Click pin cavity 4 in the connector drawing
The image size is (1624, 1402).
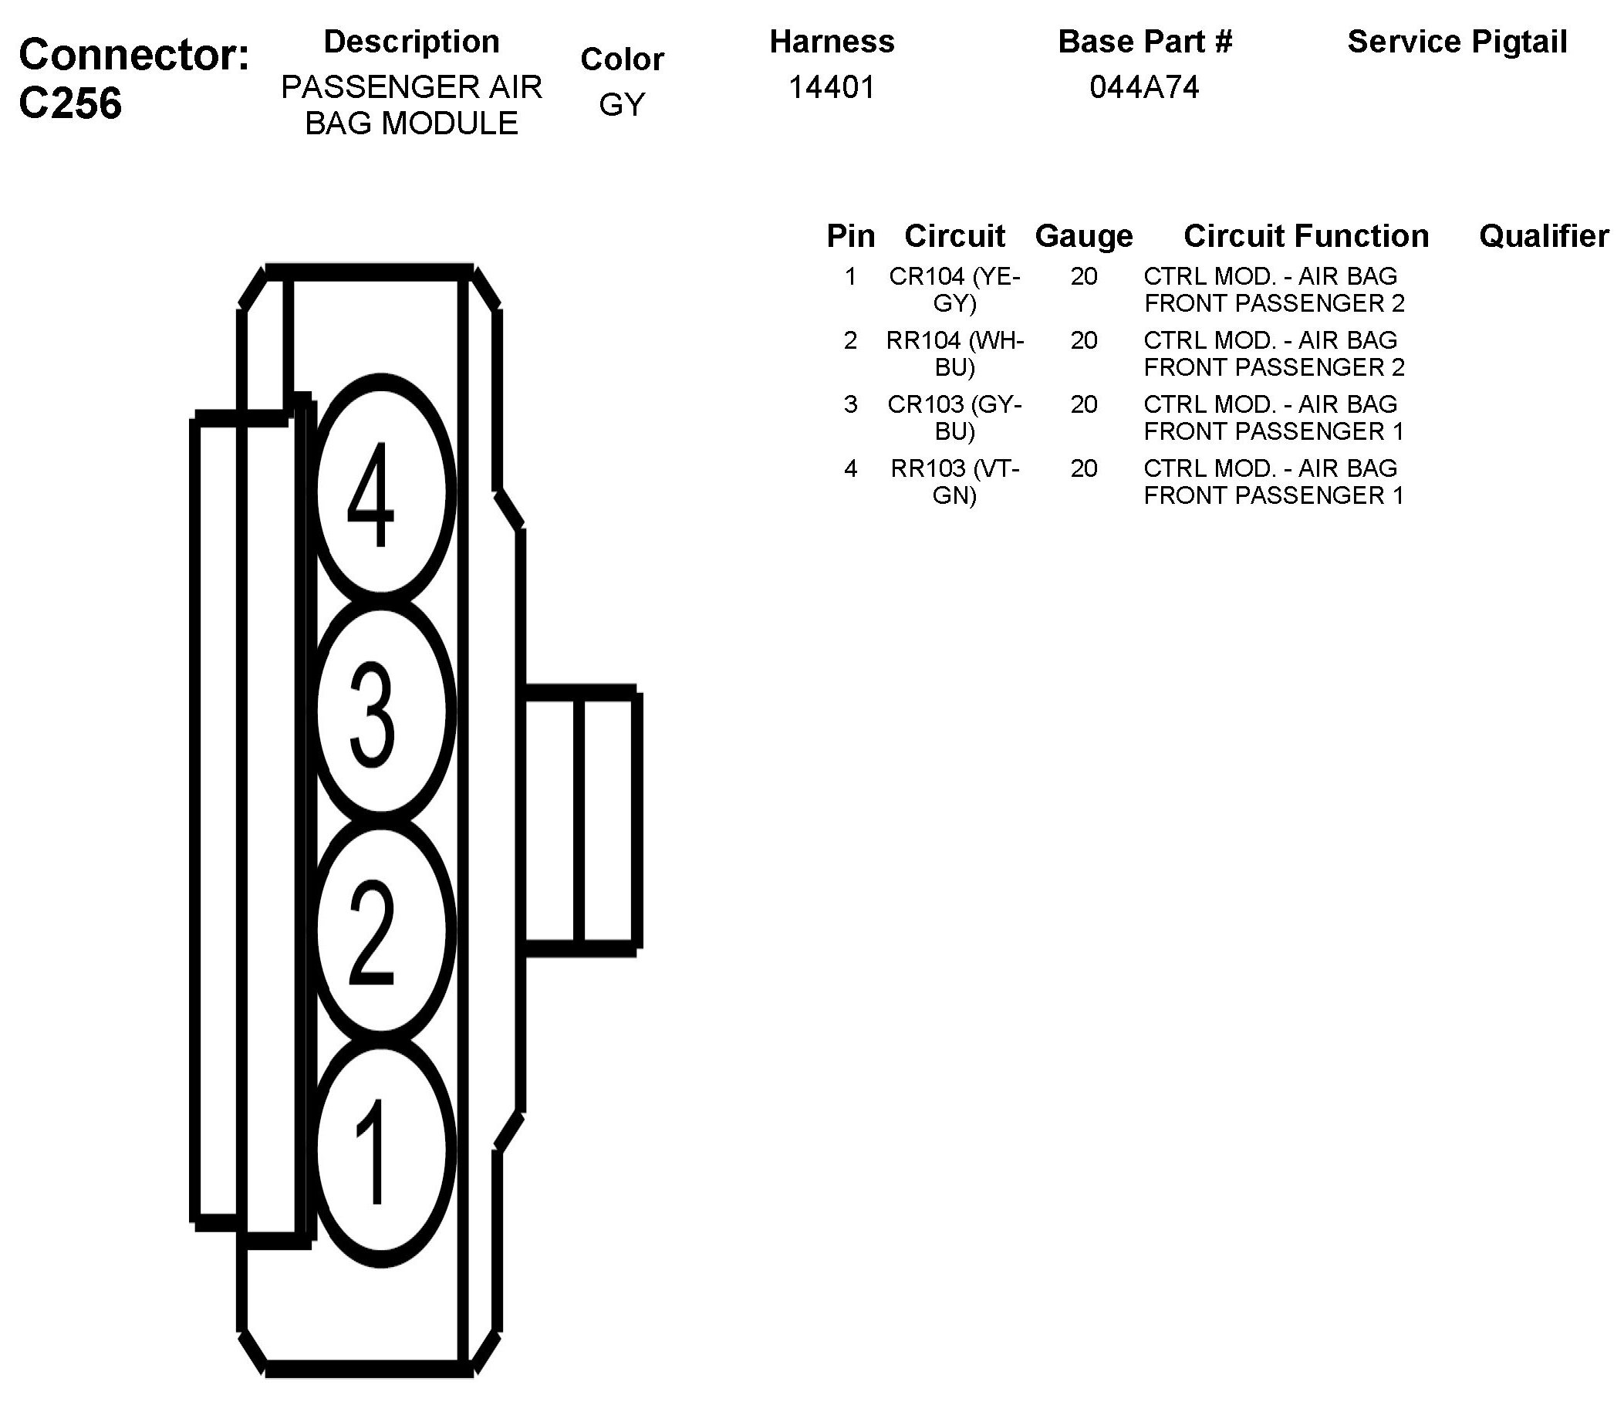(x=382, y=492)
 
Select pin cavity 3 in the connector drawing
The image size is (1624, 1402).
(x=382, y=711)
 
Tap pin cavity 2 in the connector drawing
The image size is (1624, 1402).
(x=382, y=931)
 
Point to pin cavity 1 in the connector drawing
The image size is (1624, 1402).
(x=382, y=1150)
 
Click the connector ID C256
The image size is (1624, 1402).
(x=70, y=103)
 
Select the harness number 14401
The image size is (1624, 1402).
(x=832, y=87)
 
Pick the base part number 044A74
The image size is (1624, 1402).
(x=1144, y=87)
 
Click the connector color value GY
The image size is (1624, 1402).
(x=623, y=104)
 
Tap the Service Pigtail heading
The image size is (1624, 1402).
(x=1457, y=42)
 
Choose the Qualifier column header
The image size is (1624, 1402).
(x=1543, y=236)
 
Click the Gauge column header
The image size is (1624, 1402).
(x=1084, y=236)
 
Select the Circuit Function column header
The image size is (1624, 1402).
(x=1306, y=236)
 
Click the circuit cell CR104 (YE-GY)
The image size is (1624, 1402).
(x=954, y=289)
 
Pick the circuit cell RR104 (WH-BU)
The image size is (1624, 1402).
(x=954, y=353)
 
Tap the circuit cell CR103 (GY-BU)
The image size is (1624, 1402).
(x=954, y=417)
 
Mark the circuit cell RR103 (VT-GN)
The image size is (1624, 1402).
(x=954, y=482)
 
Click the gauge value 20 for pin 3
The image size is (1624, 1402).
(x=1084, y=404)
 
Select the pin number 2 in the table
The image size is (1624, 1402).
(x=850, y=340)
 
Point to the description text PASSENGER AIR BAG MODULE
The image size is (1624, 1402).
(x=411, y=105)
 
